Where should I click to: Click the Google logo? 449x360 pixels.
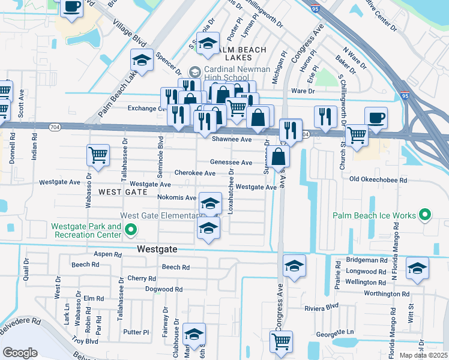[20, 352]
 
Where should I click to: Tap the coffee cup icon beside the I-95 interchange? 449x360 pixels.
[376, 118]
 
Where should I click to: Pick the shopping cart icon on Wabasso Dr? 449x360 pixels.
[98, 155]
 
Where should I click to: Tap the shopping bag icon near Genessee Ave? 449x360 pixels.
[279, 157]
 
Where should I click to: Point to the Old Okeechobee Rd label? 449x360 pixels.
[378, 179]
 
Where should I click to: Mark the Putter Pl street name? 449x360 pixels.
[136, 331]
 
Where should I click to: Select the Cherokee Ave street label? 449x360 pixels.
[194, 173]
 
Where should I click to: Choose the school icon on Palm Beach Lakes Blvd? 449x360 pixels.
[142, 61]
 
